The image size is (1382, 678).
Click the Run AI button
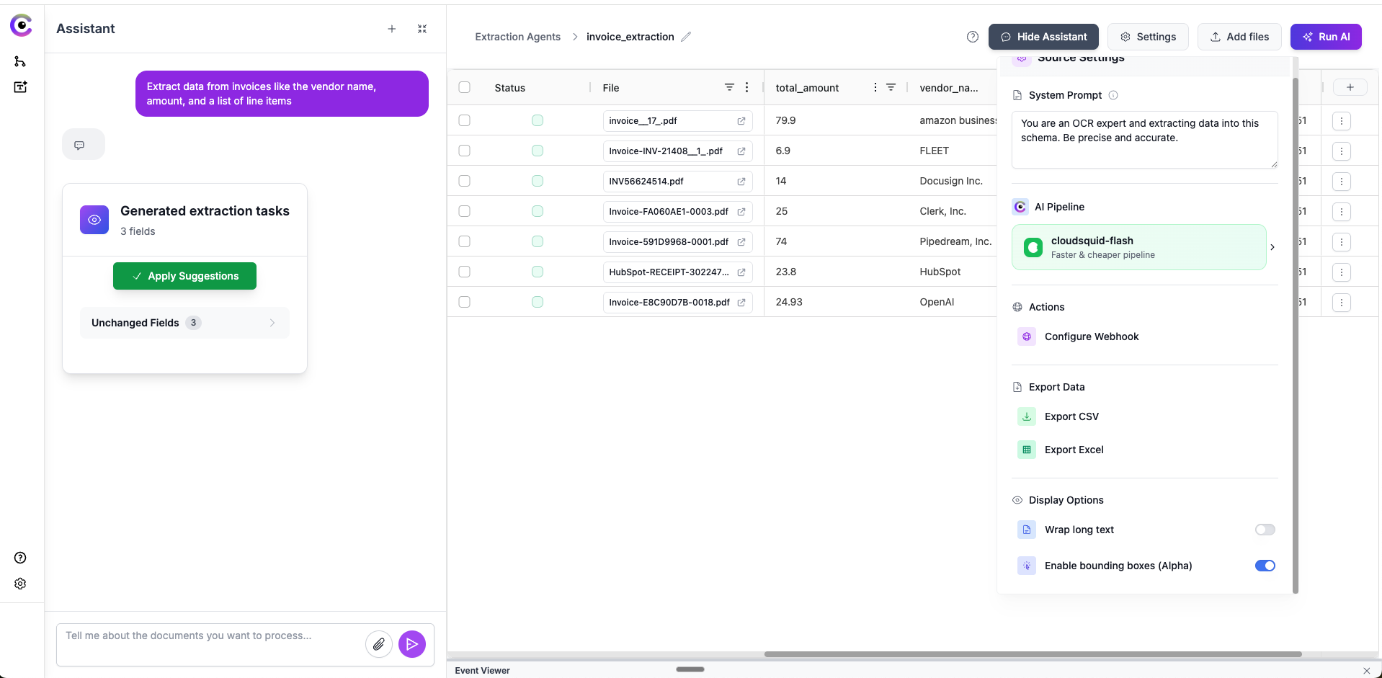[x=1326, y=37]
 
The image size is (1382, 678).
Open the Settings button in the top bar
[x=1148, y=37]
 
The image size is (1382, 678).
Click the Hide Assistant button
[x=1043, y=37]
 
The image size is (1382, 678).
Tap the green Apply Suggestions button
[x=184, y=276]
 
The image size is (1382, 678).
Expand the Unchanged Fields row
[x=184, y=323]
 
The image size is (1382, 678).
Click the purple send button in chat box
[x=412, y=644]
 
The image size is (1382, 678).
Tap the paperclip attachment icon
[x=379, y=644]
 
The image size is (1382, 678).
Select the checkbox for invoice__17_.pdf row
[x=465, y=120]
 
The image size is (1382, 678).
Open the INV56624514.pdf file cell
[x=646, y=182]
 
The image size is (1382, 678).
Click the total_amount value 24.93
[x=789, y=302]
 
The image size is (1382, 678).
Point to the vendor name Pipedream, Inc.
[x=955, y=241]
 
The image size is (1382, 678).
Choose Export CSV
[x=1071, y=416]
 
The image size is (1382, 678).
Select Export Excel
[x=1074, y=450]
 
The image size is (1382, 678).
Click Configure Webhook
[x=1091, y=336]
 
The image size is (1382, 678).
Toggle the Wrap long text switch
[x=1265, y=530]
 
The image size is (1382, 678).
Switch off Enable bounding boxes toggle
[x=1265, y=566]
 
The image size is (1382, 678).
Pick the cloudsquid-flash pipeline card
[x=1138, y=247]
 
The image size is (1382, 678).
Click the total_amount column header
[x=807, y=88]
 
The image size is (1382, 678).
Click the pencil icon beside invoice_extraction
[x=686, y=37]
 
